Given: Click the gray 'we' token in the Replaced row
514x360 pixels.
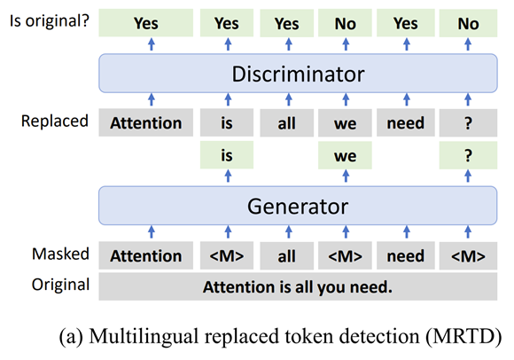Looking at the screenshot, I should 345,123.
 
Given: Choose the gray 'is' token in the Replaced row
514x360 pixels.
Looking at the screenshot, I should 226,123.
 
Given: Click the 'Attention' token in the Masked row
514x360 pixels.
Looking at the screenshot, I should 145,256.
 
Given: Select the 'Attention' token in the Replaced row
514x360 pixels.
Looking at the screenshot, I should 145,123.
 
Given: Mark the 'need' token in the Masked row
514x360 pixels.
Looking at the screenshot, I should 405,256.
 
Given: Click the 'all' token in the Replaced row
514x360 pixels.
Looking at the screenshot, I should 286,123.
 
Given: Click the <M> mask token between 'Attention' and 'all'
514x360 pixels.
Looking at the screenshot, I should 226,256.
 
